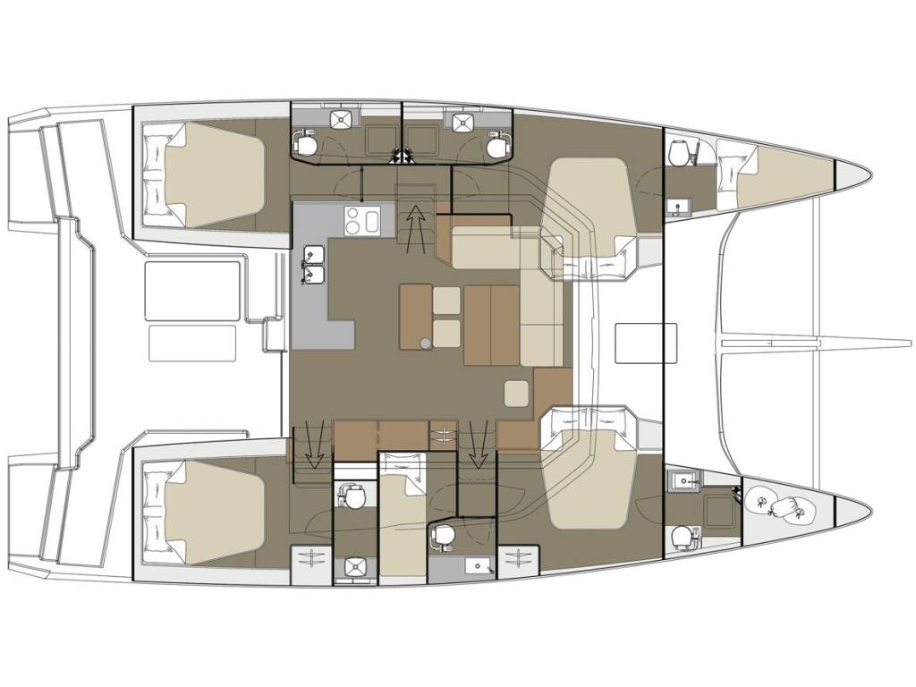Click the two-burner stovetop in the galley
click(x=362, y=219)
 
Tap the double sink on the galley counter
click(x=314, y=264)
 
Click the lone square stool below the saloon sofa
click(x=516, y=392)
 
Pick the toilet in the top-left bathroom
click(x=306, y=142)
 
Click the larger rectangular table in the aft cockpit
click(x=193, y=290)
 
